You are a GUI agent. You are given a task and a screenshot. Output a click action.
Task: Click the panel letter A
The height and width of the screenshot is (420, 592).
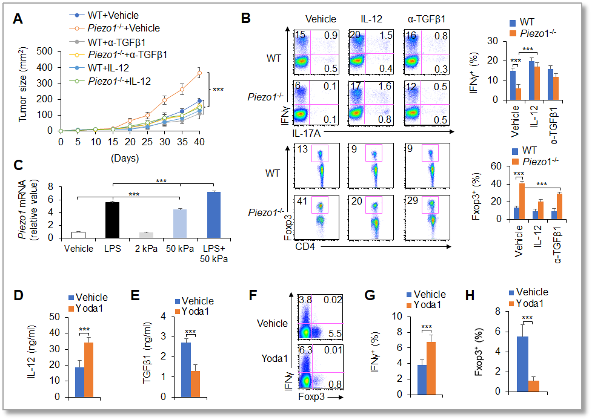19,18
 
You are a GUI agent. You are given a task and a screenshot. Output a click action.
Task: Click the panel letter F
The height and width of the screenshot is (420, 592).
255,297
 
